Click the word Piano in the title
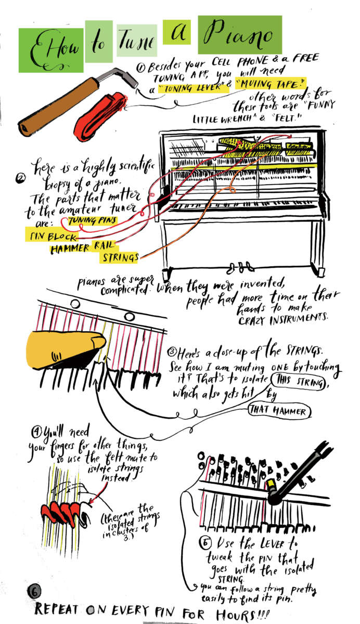tap(239, 35)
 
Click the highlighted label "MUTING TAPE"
tap(269, 83)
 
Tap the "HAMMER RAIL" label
tap(83, 248)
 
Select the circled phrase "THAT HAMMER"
tap(280, 411)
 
